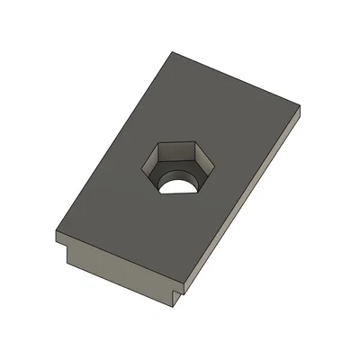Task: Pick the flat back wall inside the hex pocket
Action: tap(184, 152)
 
